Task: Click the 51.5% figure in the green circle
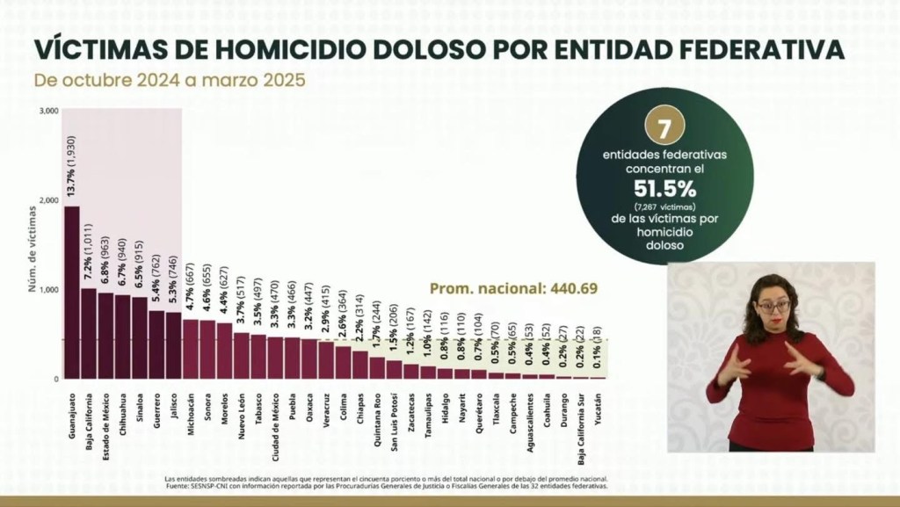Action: point(665,189)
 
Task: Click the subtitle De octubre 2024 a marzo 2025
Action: point(171,80)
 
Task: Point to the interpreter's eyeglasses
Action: point(773,307)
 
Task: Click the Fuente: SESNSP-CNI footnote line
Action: point(386,485)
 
